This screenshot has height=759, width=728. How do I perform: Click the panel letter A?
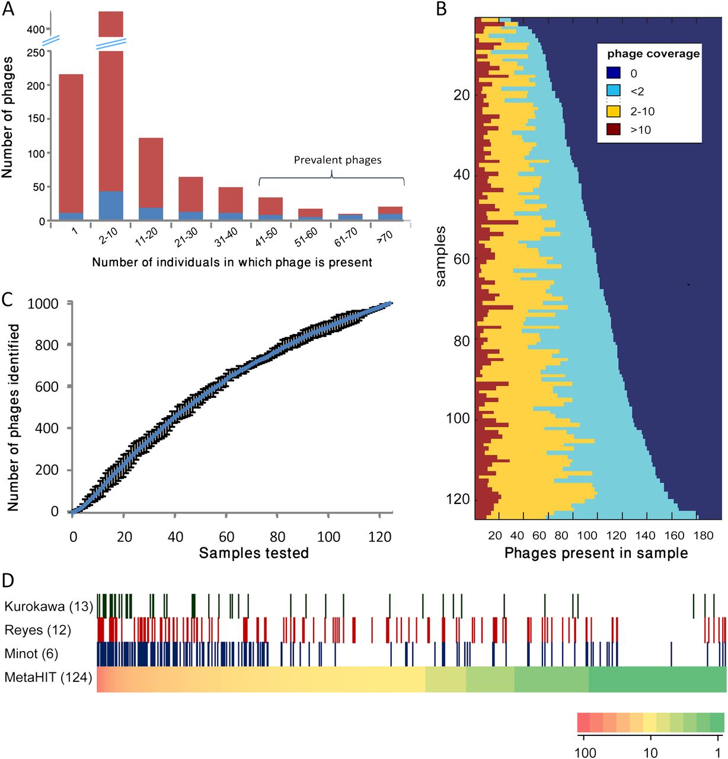point(8,10)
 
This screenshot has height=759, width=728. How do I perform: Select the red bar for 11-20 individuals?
point(151,172)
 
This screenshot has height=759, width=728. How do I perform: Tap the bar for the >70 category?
point(390,213)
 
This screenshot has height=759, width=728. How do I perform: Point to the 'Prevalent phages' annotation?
point(337,160)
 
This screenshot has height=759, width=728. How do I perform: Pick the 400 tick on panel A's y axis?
point(36,30)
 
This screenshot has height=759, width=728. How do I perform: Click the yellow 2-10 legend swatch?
point(613,111)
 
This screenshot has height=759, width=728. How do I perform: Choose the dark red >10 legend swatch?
point(613,129)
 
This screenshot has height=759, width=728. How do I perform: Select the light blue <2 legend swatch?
point(613,91)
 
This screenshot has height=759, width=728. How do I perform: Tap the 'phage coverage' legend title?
point(653,54)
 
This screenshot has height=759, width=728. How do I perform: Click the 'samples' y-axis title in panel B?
point(440,256)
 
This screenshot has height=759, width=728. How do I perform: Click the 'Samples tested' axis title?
point(254,553)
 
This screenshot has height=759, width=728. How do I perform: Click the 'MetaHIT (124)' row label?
point(48,677)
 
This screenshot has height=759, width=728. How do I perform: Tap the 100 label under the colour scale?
point(585,752)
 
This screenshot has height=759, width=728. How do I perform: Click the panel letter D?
point(8,580)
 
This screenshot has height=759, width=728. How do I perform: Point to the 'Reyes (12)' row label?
point(37,630)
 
